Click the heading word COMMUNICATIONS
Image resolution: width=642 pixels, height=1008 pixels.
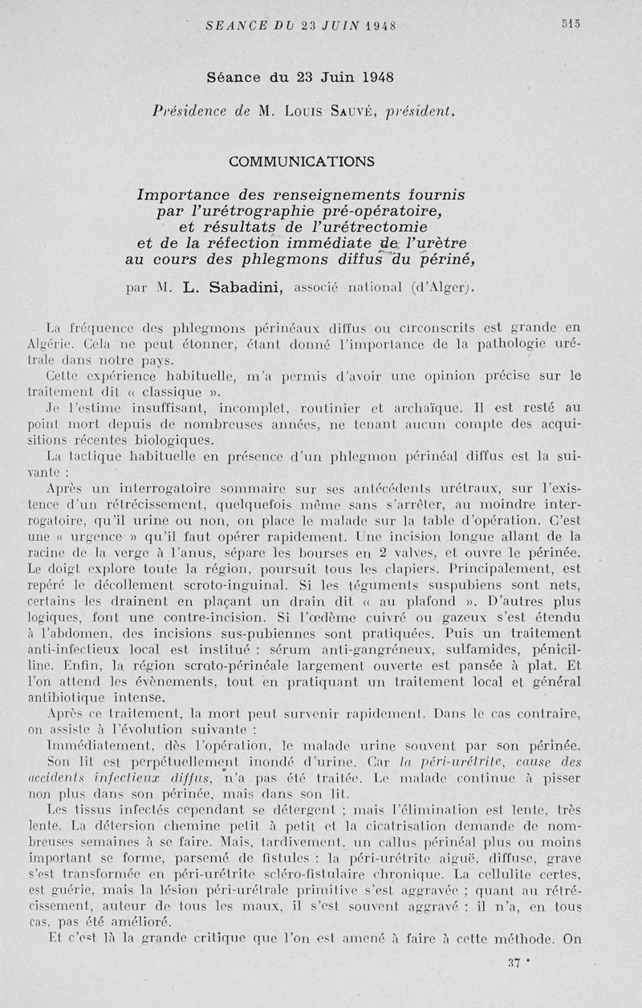tap(302, 161)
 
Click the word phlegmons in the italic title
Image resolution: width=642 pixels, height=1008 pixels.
tap(270, 259)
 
